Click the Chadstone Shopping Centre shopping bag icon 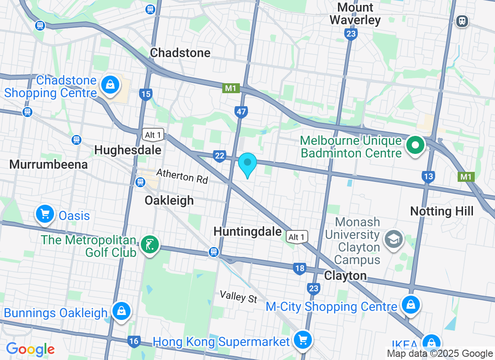[110, 84]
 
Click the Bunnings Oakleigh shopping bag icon [121, 310]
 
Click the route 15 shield [145, 94]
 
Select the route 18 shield [300, 269]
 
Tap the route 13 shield [428, 177]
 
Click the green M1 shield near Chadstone [230, 88]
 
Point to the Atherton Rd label [182, 176]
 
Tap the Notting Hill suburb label [442, 211]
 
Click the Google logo [30, 349]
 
